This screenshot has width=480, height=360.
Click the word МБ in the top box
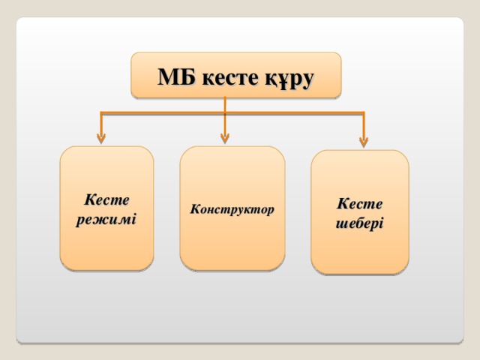point(177,76)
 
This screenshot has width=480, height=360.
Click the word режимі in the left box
point(106,220)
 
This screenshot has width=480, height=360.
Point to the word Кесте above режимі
point(106,200)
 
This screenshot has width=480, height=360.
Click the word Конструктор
point(232,209)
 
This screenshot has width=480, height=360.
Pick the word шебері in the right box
point(359,223)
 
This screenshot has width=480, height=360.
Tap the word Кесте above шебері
point(360,203)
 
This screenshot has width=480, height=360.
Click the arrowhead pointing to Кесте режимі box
point(101,139)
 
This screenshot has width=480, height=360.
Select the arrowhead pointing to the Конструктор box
point(225,139)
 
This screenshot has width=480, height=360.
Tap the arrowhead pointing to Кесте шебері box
point(364,142)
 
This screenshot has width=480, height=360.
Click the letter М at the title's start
point(167,76)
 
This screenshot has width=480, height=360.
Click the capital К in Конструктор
point(195,208)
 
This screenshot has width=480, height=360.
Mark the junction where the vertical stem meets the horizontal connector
point(225,113)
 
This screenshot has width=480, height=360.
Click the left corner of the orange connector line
point(101,113)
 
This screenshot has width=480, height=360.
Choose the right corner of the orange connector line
point(364,113)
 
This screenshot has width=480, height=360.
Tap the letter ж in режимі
point(103,220)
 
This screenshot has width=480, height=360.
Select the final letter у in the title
point(307,81)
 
